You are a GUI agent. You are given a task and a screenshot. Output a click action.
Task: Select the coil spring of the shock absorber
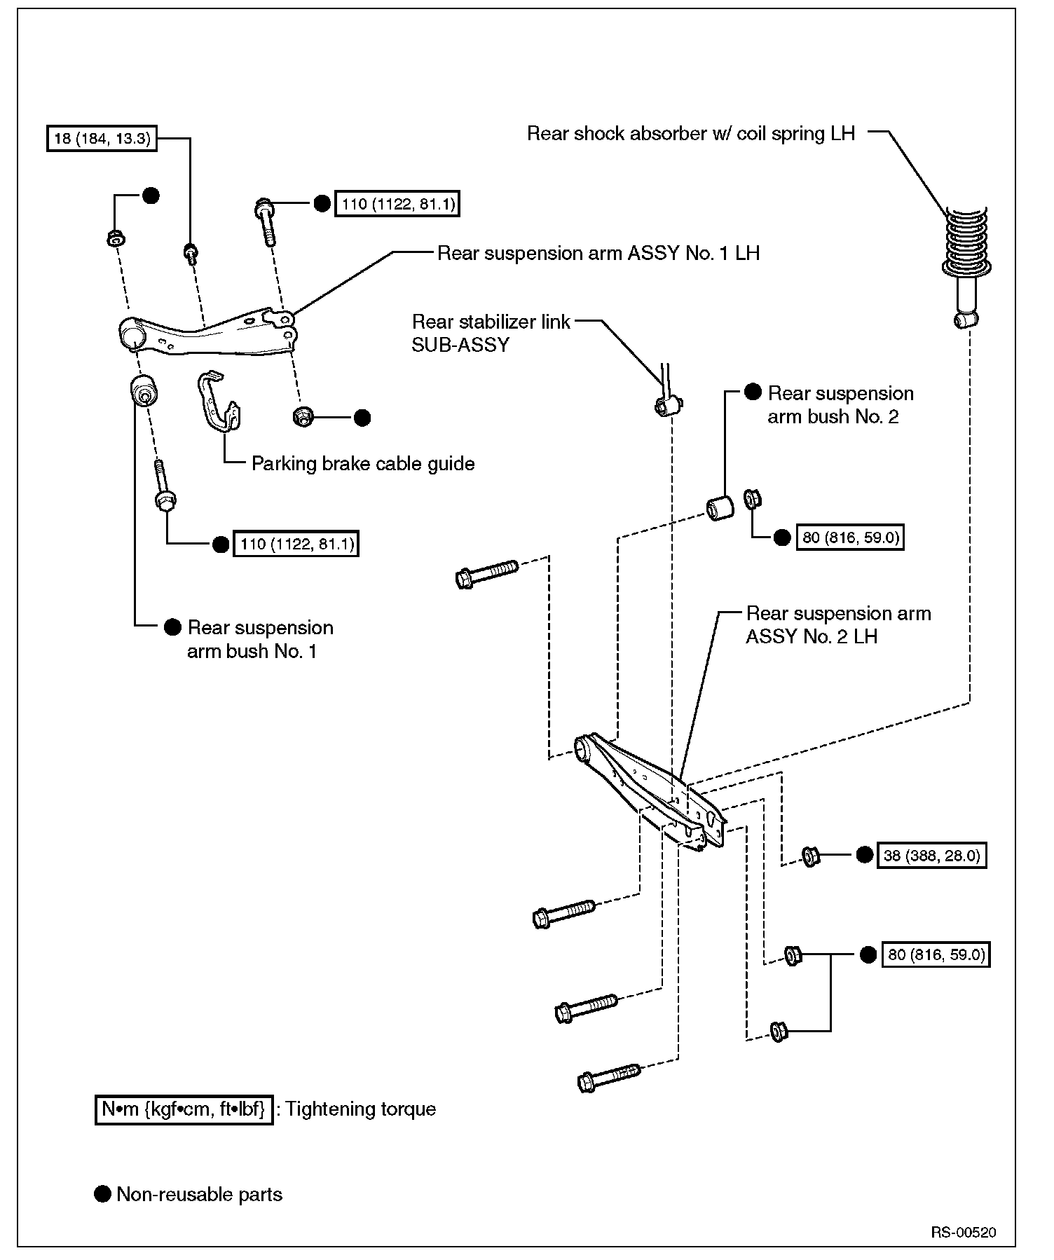click(x=966, y=241)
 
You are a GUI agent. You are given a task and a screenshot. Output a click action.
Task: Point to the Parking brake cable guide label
click(x=363, y=464)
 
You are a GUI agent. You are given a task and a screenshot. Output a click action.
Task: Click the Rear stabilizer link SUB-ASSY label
click(x=491, y=333)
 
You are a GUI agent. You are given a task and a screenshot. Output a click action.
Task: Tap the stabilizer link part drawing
click(x=668, y=399)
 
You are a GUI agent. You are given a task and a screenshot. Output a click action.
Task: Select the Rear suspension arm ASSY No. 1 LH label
click(x=598, y=253)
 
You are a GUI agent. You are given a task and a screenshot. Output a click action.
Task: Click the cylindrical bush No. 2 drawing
click(x=719, y=507)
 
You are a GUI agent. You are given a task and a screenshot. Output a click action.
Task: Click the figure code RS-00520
click(x=964, y=1233)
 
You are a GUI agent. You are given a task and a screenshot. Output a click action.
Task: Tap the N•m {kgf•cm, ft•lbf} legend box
click(x=184, y=1109)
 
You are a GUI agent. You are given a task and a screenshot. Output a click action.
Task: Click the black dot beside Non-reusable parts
click(x=103, y=1194)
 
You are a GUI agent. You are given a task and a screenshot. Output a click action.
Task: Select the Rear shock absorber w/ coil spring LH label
click(x=691, y=134)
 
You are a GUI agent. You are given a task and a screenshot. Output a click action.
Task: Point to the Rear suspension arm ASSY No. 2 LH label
click(x=838, y=625)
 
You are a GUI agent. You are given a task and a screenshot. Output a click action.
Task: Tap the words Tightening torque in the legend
click(x=360, y=1109)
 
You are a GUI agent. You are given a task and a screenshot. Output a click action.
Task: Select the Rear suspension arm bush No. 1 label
click(x=259, y=639)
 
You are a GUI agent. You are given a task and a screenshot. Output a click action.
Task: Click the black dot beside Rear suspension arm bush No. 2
click(x=753, y=392)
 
